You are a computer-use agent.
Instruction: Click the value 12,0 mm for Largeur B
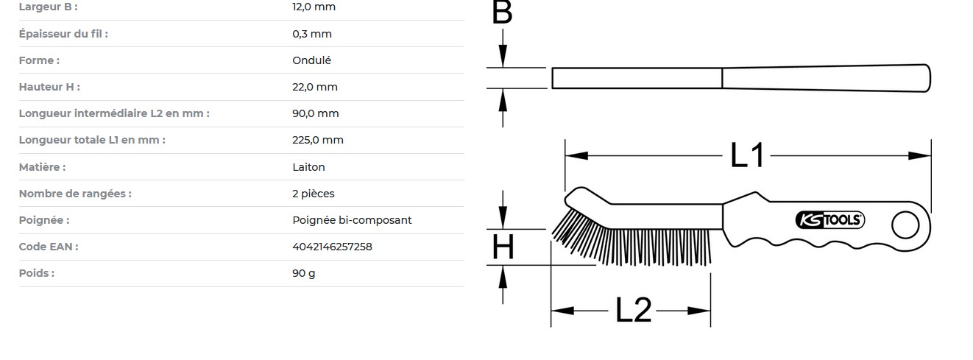(314, 7)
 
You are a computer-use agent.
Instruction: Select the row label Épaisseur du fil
(63, 34)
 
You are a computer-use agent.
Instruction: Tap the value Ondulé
(311, 60)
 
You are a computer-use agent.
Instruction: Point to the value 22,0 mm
(315, 87)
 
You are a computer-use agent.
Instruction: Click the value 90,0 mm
(316, 113)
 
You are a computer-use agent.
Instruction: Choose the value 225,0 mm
(318, 140)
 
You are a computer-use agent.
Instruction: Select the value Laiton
(308, 167)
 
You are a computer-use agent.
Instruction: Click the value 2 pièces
(313, 194)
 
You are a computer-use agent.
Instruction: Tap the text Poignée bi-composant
(352, 220)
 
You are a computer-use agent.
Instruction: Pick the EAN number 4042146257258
(332, 247)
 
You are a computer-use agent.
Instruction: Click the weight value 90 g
(303, 273)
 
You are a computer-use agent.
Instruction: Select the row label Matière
(42, 167)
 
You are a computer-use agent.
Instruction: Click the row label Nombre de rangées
(75, 194)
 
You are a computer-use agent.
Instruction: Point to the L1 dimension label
(747, 155)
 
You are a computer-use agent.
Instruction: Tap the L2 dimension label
(634, 311)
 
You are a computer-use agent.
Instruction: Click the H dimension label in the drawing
(503, 247)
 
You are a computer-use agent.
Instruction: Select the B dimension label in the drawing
(502, 13)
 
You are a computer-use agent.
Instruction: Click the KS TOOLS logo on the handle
(830, 220)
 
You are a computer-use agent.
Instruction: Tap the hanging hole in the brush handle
(905, 225)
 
